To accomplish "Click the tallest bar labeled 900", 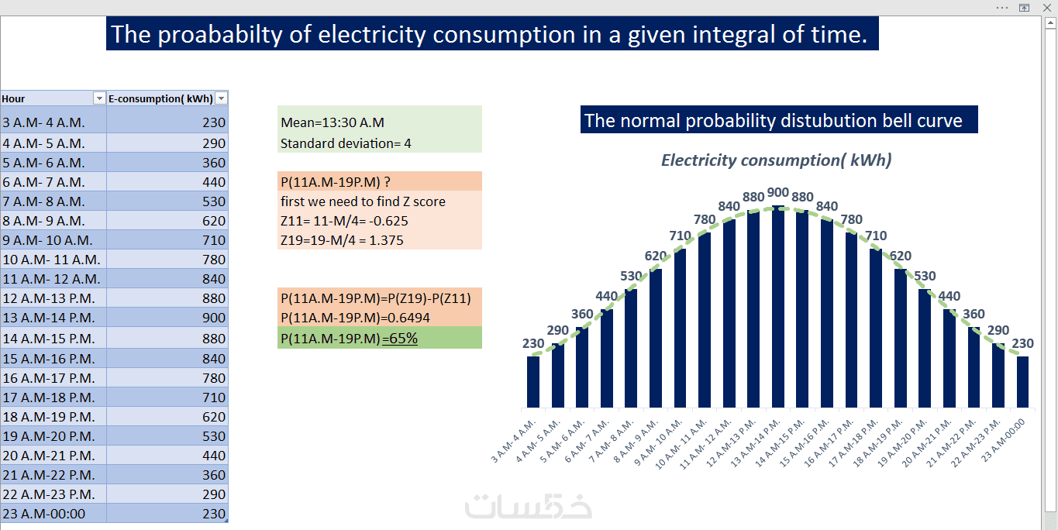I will pyautogui.click(x=777, y=306).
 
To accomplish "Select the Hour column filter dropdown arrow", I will pyautogui.click(x=98, y=98).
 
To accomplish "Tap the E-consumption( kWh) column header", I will pyautogui.click(x=160, y=98).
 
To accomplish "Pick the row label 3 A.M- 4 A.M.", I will pyautogui.click(x=44, y=122).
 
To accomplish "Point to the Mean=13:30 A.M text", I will pyautogui.click(x=333, y=122).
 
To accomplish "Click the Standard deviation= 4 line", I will pyautogui.click(x=346, y=143).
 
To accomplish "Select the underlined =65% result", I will pyautogui.click(x=400, y=339).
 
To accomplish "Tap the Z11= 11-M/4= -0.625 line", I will pyautogui.click(x=344, y=221).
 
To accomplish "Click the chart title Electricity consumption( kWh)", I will pyautogui.click(x=776, y=160).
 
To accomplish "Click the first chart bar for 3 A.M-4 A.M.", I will pyautogui.click(x=532, y=381).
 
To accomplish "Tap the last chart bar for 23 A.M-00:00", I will pyautogui.click(x=1023, y=381).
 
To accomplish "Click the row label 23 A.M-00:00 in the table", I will pyautogui.click(x=44, y=514).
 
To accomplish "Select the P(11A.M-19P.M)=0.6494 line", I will pyautogui.click(x=355, y=318).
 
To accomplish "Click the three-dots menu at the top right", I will pyautogui.click(x=1002, y=7).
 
